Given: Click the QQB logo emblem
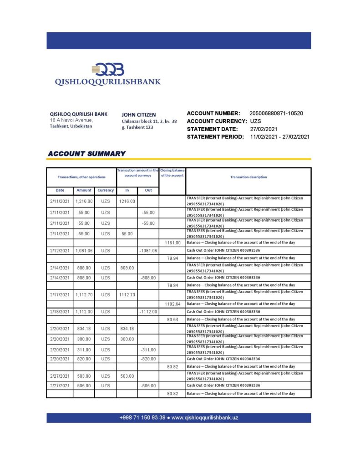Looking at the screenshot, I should click(108, 69).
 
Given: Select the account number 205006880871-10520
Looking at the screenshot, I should click(276, 113).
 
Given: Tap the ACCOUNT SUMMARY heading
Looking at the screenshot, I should click(86, 154).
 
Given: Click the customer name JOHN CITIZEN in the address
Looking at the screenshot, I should click(139, 115).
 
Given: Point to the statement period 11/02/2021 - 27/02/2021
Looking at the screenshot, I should click(280, 137).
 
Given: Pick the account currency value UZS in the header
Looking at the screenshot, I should click(255, 121).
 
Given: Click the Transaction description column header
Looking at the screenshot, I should click(248, 177).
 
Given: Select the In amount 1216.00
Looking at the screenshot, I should click(127, 201).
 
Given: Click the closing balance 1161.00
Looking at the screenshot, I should click(172, 243).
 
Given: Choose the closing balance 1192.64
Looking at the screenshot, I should click(172, 304).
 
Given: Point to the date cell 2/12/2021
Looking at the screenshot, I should click(60, 251).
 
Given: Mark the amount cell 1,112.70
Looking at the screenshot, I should click(84, 295).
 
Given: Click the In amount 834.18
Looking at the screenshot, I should click(127, 329).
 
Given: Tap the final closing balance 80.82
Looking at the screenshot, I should click(172, 393).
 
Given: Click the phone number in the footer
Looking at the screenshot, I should click(142, 418).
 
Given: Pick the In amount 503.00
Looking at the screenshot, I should click(127, 376).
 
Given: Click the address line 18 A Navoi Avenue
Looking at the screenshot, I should click(71, 120).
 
